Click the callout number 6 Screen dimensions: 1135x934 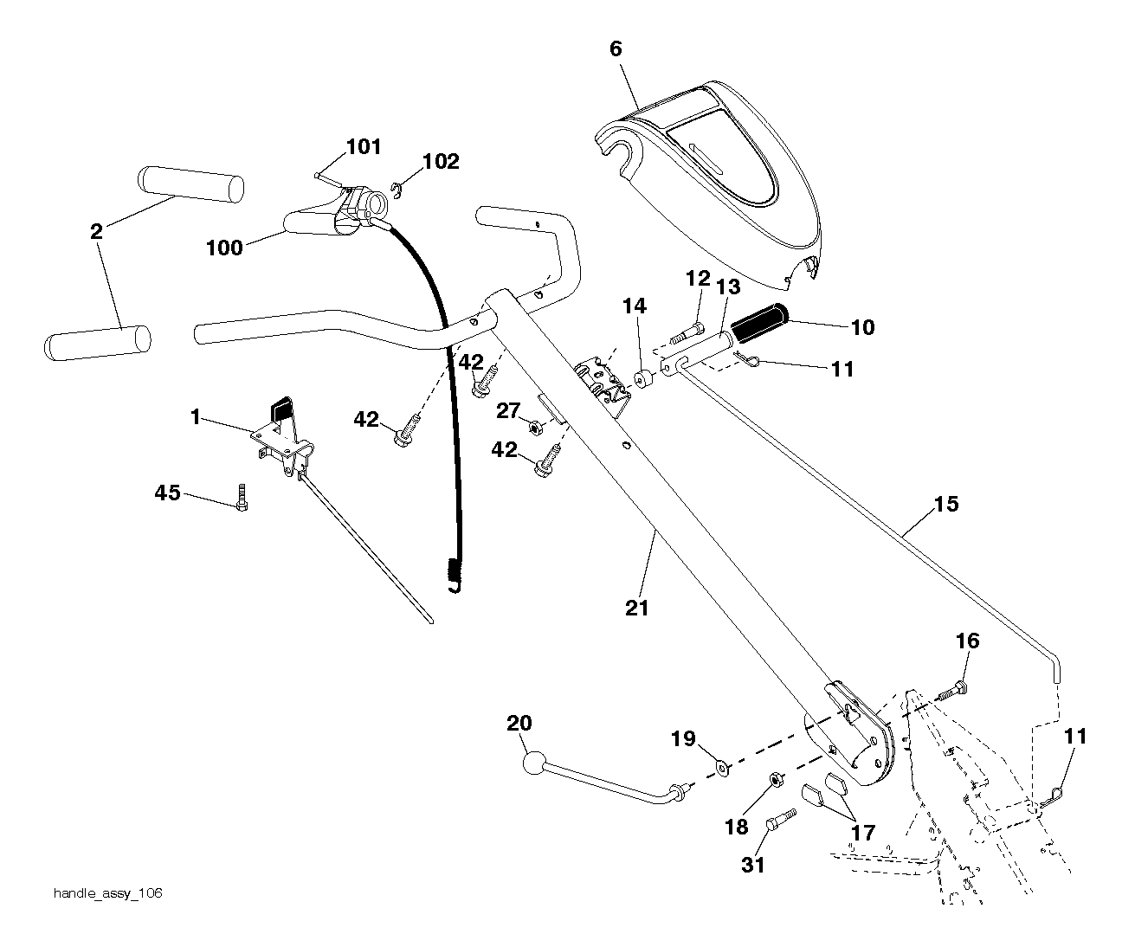[x=616, y=49]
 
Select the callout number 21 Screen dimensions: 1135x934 [x=636, y=608]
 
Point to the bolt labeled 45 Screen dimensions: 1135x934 [x=242, y=497]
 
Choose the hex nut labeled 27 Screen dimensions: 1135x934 [x=536, y=428]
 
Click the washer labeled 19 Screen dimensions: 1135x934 [x=723, y=770]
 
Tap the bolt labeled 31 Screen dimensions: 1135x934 [x=780, y=820]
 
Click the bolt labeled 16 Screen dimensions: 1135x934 [x=953, y=691]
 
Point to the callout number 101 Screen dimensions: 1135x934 [x=364, y=146]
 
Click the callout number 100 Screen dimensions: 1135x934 [x=224, y=248]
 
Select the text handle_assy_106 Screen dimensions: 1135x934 [x=108, y=893]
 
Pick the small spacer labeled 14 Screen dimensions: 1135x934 [x=643, y=380]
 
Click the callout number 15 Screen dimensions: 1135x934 [x=946, y=504]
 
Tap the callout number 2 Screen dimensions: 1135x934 [x=96, y=231]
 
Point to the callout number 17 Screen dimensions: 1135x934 [x=863, y=833]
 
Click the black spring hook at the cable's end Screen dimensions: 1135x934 [x=455, y=576]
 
